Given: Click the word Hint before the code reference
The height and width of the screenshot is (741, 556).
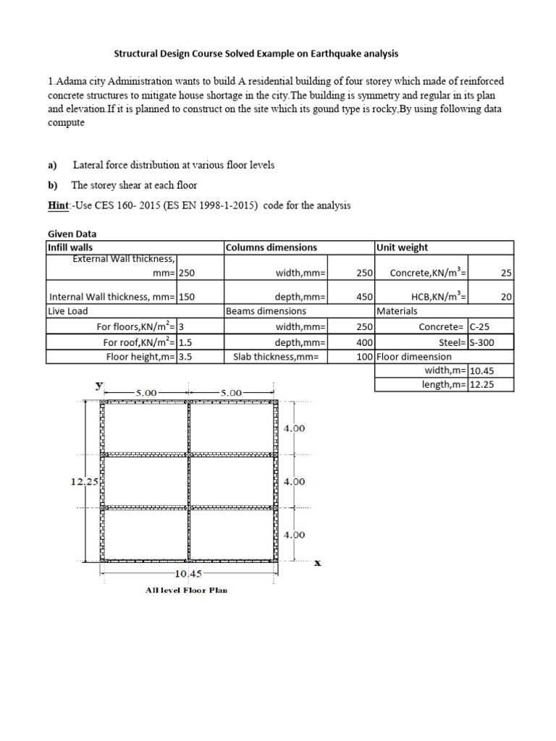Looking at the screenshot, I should click(56, 206).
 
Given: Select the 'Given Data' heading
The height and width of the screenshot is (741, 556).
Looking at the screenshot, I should click(72, 234).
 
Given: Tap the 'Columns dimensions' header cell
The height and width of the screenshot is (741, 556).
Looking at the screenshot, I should click(271, 247).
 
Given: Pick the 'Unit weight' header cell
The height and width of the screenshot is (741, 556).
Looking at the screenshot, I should click(402, 247).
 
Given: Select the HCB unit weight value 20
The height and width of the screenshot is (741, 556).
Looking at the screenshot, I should click(505, 297).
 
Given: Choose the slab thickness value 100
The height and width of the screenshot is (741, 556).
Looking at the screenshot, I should click(364, 356).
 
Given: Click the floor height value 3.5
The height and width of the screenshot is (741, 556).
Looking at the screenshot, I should click(188, 356).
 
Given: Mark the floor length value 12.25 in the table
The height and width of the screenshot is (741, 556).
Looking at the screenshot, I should click(481, 385).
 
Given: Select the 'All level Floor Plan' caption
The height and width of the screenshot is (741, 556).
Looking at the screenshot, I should click(187, 590).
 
